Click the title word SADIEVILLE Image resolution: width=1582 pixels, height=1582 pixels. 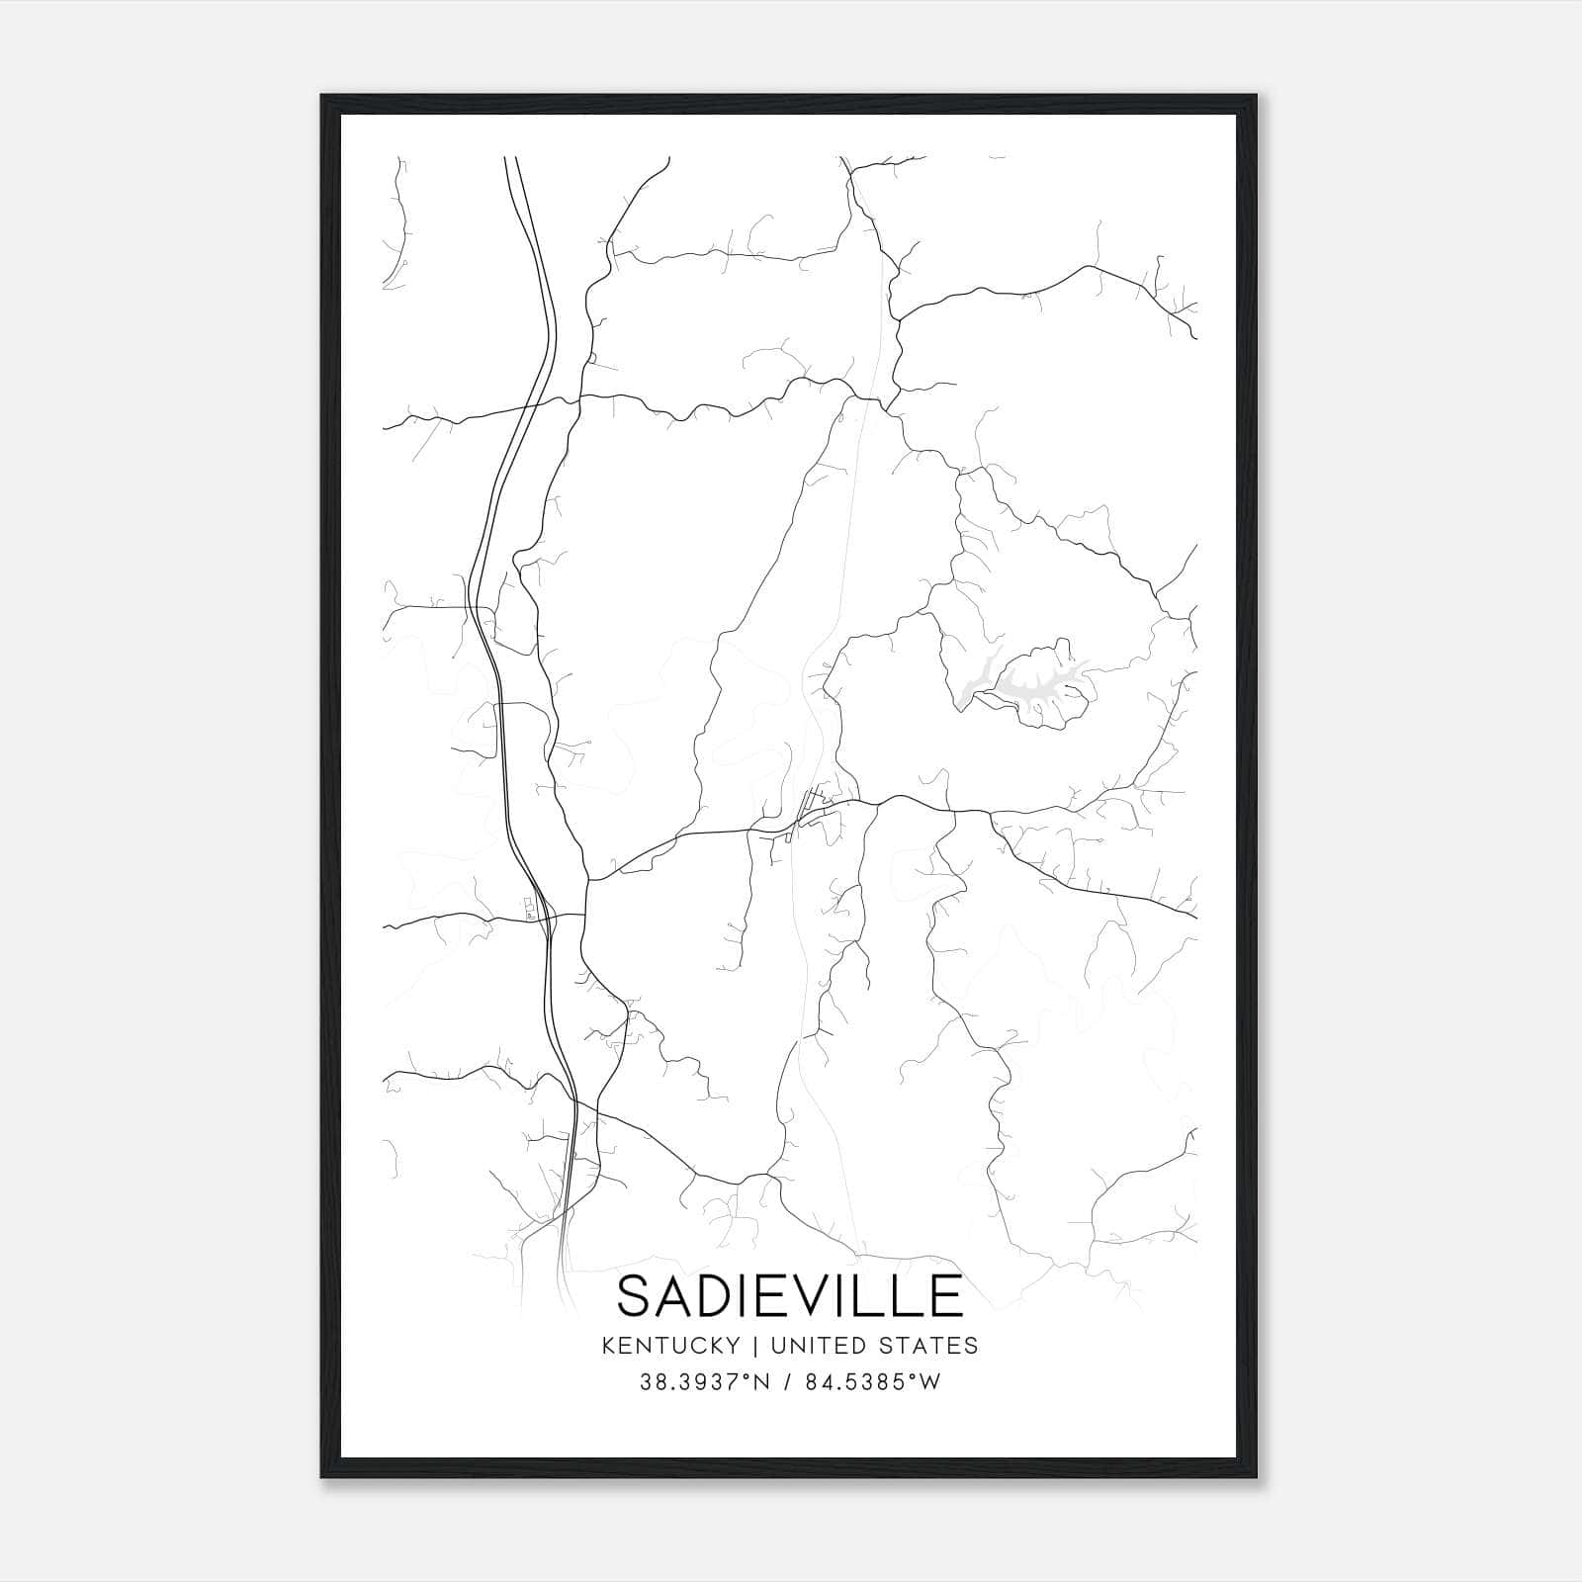pyautogui.click(x=789, y=1296)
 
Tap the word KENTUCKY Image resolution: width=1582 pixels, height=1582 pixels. pyautogui.click(x=669, y=1346)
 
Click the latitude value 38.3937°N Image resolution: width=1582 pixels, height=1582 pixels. pyautogui.click(x=703, y=1383)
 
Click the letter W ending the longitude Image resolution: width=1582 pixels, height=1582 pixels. pyautogui.click(x=930, y=1383)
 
